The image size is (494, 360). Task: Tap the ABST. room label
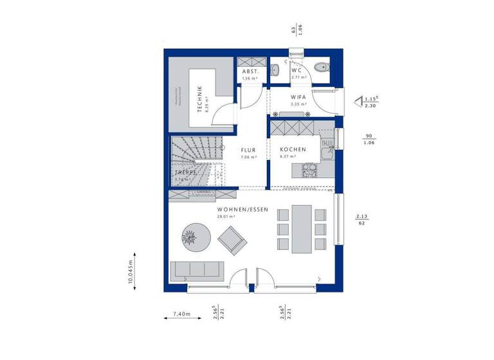250,71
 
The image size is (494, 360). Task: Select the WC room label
297,70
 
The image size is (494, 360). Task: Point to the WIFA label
297,97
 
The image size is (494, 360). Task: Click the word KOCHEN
293,149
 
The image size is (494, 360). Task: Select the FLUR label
248,149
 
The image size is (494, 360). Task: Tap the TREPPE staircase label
185,173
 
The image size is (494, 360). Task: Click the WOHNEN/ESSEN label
242,210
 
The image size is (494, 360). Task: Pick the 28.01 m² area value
226,217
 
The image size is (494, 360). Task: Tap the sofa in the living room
196,270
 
